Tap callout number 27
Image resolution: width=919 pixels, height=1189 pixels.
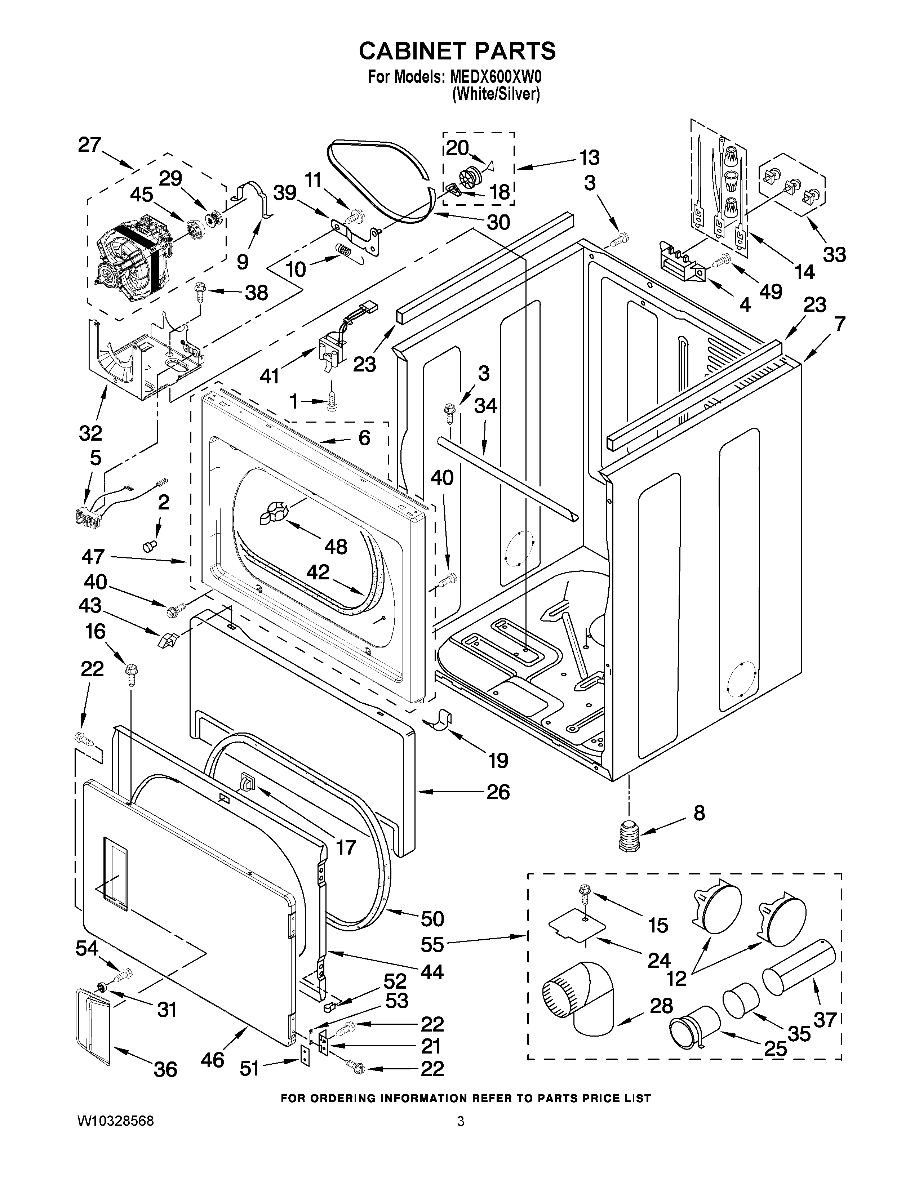(89, 145)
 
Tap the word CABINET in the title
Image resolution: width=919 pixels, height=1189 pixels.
(412, 51)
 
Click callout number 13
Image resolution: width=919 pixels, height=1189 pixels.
(589, 158)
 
